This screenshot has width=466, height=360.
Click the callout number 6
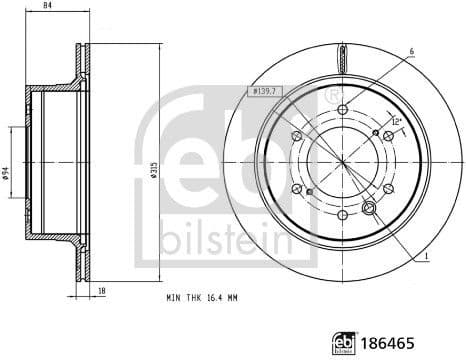coord(410,52)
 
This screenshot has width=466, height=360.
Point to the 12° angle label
coord(396,122)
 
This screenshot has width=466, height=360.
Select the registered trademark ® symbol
coord(330,97)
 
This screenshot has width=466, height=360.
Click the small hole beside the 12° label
coord(375,132)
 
